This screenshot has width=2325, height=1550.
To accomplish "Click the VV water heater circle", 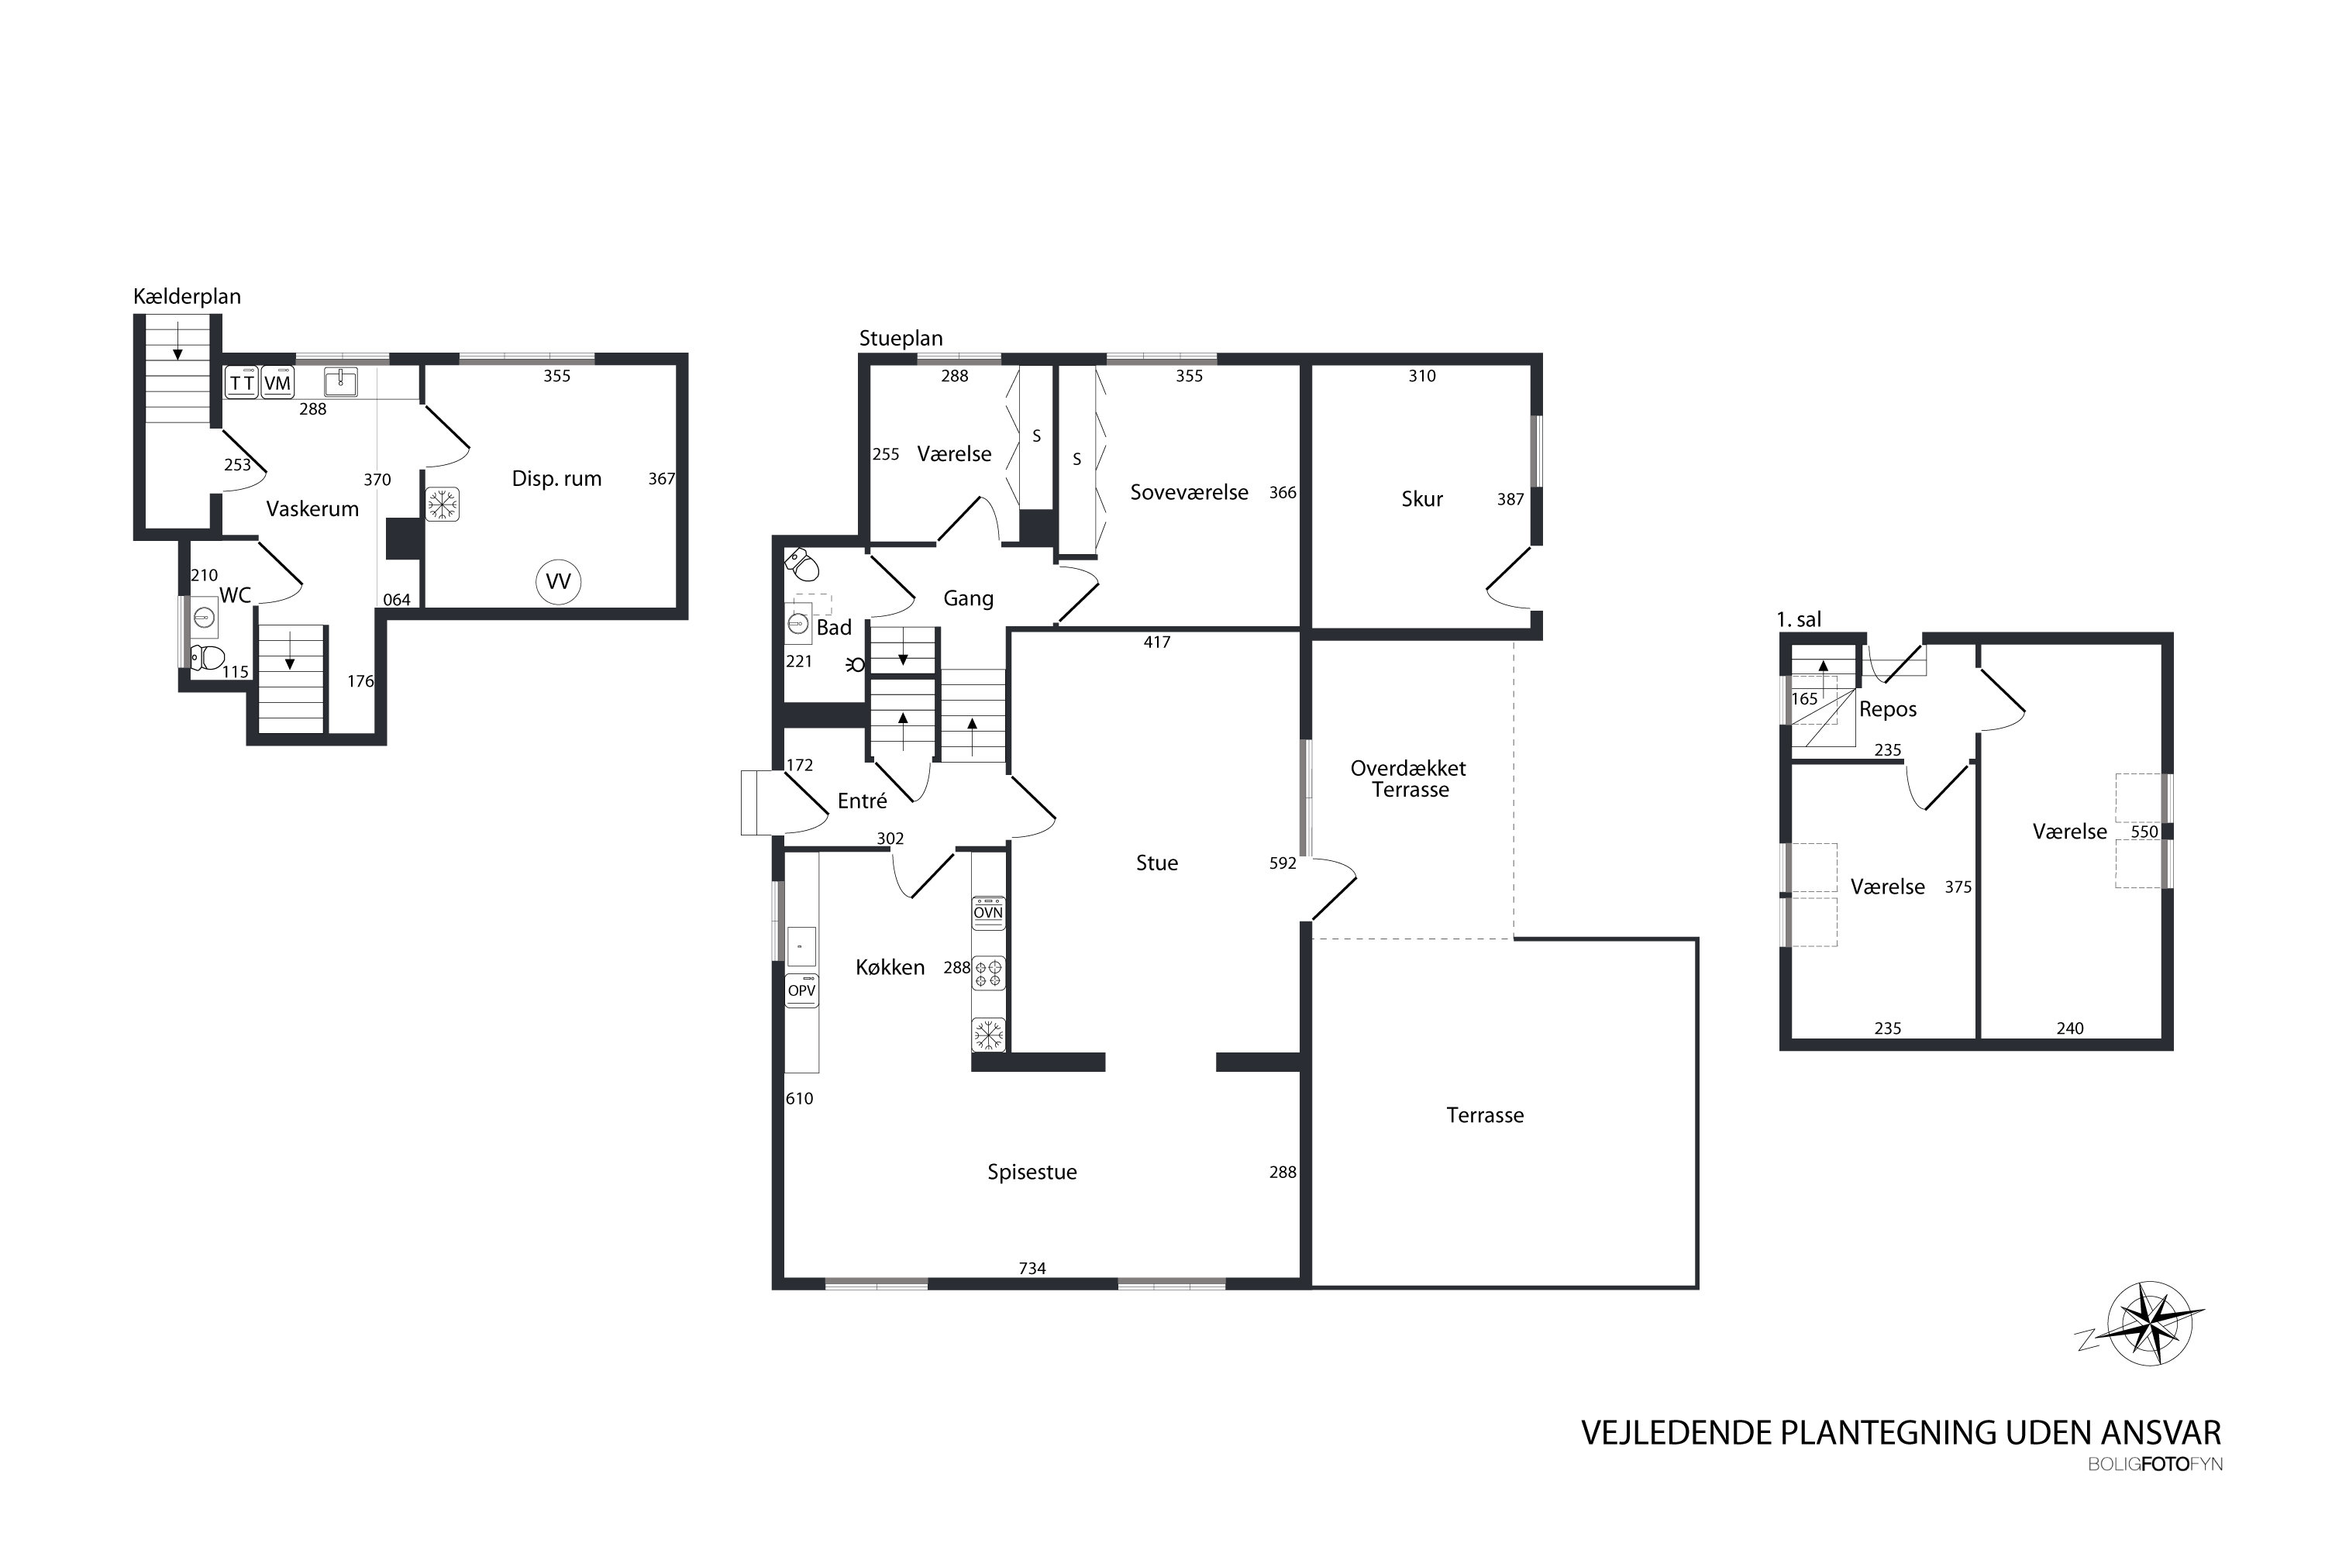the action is [559, 582].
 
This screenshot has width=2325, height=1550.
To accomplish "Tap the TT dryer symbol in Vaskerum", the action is [242, 383].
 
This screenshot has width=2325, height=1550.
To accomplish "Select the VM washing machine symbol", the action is [277, 383].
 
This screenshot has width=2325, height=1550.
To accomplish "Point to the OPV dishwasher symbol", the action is [801, 990].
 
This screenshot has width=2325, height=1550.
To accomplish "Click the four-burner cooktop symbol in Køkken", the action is [989, 973].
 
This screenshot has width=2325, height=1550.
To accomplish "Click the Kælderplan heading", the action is [187, 297].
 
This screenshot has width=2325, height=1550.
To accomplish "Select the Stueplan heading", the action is [901, 338].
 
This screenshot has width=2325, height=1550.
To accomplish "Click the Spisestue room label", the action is [1032, 1173].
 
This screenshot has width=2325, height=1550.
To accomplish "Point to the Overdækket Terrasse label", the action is [1410, 779].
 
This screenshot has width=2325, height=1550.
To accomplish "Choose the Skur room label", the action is [1421, 499].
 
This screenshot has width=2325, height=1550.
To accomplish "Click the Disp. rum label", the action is [556, 478].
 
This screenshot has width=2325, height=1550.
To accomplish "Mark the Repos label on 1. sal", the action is [1888, 710].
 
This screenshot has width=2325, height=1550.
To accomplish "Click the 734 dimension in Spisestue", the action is [1032, 1268].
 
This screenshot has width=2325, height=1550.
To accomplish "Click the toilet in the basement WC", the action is [208, 656].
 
